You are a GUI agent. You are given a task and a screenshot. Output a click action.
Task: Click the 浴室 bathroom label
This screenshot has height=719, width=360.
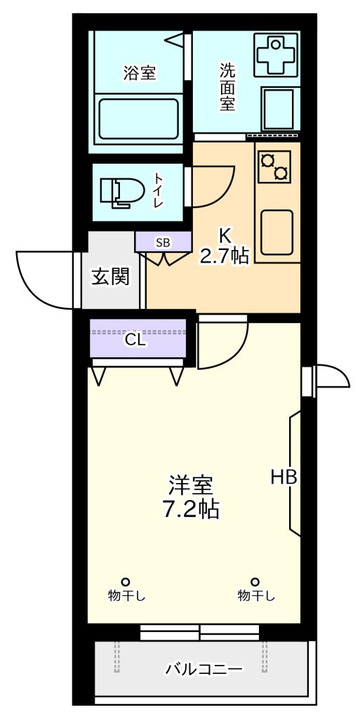tap(139, 73)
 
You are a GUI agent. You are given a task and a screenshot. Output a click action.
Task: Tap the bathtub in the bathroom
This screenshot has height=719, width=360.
tap(139, 118)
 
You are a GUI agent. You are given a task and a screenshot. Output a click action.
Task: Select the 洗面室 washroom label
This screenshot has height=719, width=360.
tap(227, 86)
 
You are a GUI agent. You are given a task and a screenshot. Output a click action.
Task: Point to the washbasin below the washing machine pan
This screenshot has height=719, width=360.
tap(278, 109)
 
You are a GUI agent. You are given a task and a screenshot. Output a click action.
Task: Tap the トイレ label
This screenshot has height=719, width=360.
tap(159, 191)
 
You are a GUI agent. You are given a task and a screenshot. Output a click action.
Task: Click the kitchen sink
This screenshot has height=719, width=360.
tap(276, 232)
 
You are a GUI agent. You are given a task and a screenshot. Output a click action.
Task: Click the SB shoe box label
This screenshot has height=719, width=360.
tap(163, 243)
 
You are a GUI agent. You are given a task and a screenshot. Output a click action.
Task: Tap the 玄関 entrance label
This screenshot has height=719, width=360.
tap(110, 277)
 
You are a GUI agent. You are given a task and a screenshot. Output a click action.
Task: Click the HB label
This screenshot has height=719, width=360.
tap(284, 477)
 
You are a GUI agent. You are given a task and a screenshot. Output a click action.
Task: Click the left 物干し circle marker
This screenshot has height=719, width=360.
tap(125, 581)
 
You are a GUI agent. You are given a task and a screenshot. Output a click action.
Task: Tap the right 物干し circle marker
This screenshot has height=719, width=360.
tap(255, 581)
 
